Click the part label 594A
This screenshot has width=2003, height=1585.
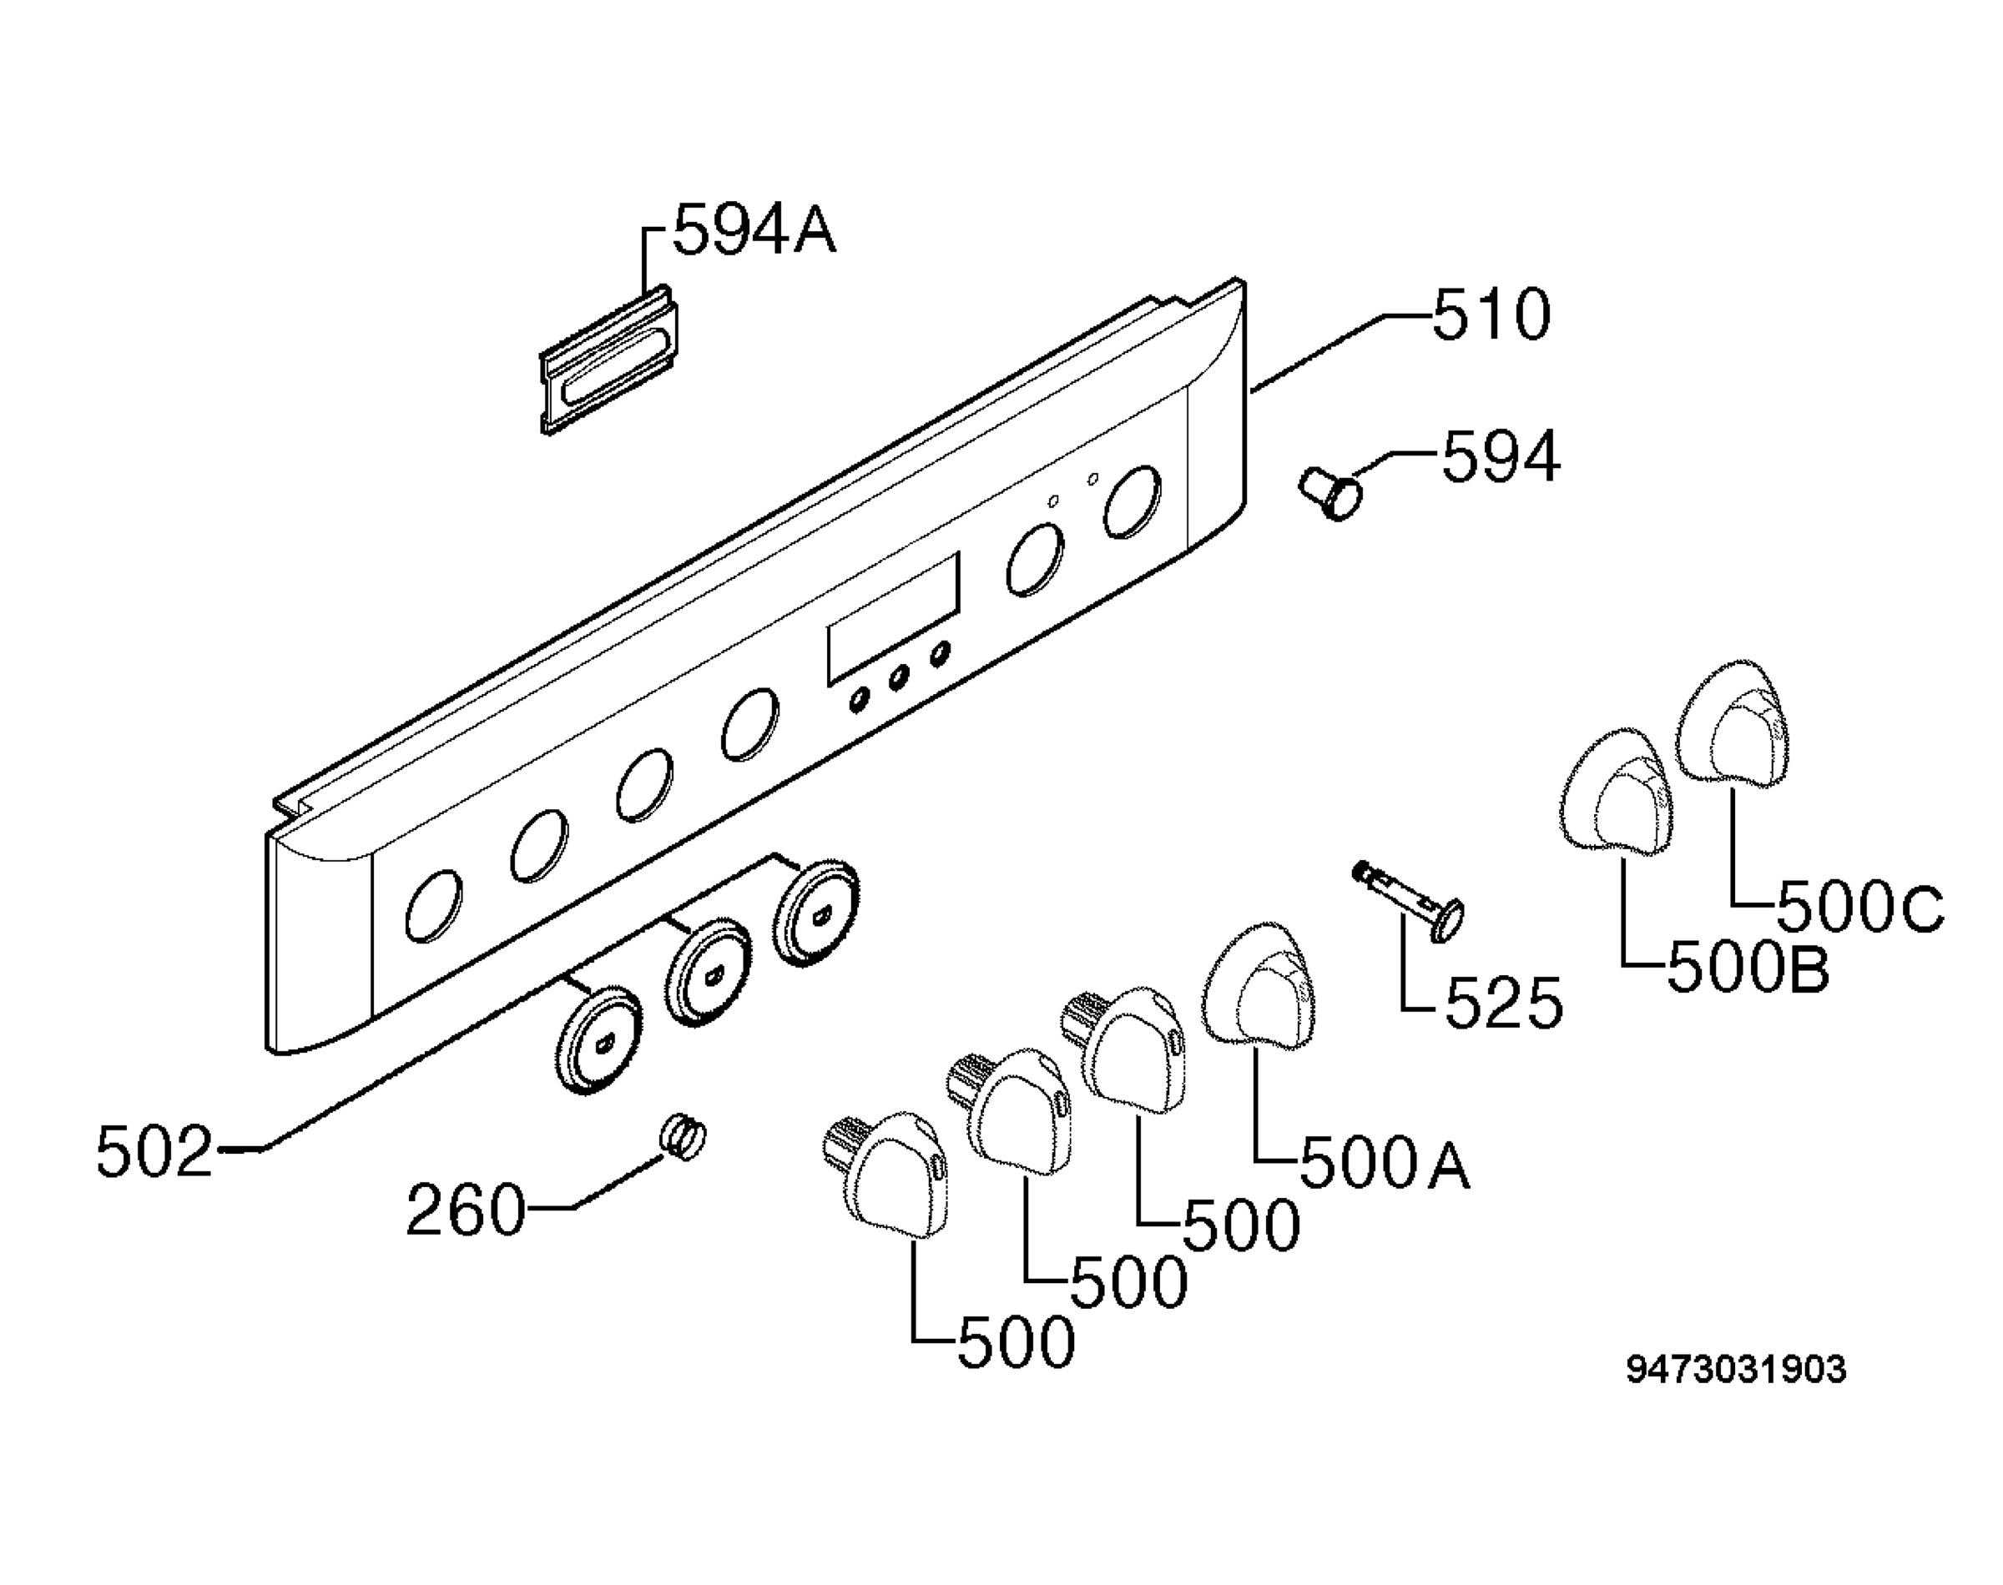pos(754,230)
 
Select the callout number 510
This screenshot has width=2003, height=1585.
pos(1491,314)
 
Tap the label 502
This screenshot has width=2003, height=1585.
pos(155,1153)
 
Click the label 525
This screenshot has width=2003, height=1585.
pos(1504,1004)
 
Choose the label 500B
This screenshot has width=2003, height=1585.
pos(1748,969)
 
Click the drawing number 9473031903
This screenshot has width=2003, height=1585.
pos(1736,1370)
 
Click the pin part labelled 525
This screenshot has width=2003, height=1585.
pos(1407,900)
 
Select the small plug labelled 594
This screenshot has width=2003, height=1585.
pos(1331,493)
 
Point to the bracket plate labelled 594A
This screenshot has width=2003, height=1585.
pos(609,360)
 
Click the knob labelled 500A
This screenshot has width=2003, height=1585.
pos(1260,988)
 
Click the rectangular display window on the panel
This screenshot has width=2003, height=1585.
pos(894,617)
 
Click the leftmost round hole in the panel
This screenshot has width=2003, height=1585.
pos(433,906)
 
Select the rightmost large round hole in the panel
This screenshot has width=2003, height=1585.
pos(1133,502)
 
